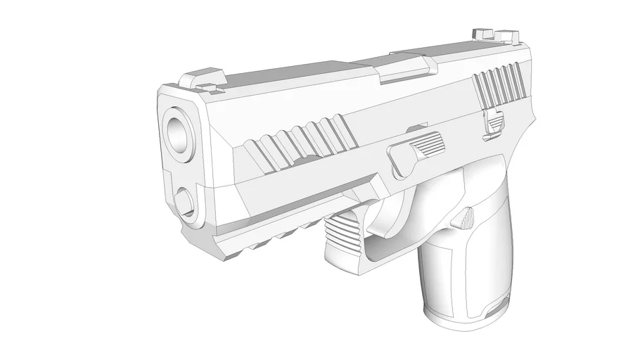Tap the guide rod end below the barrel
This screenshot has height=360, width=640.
pos(186,200)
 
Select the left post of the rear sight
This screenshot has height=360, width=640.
pos(483,32)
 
